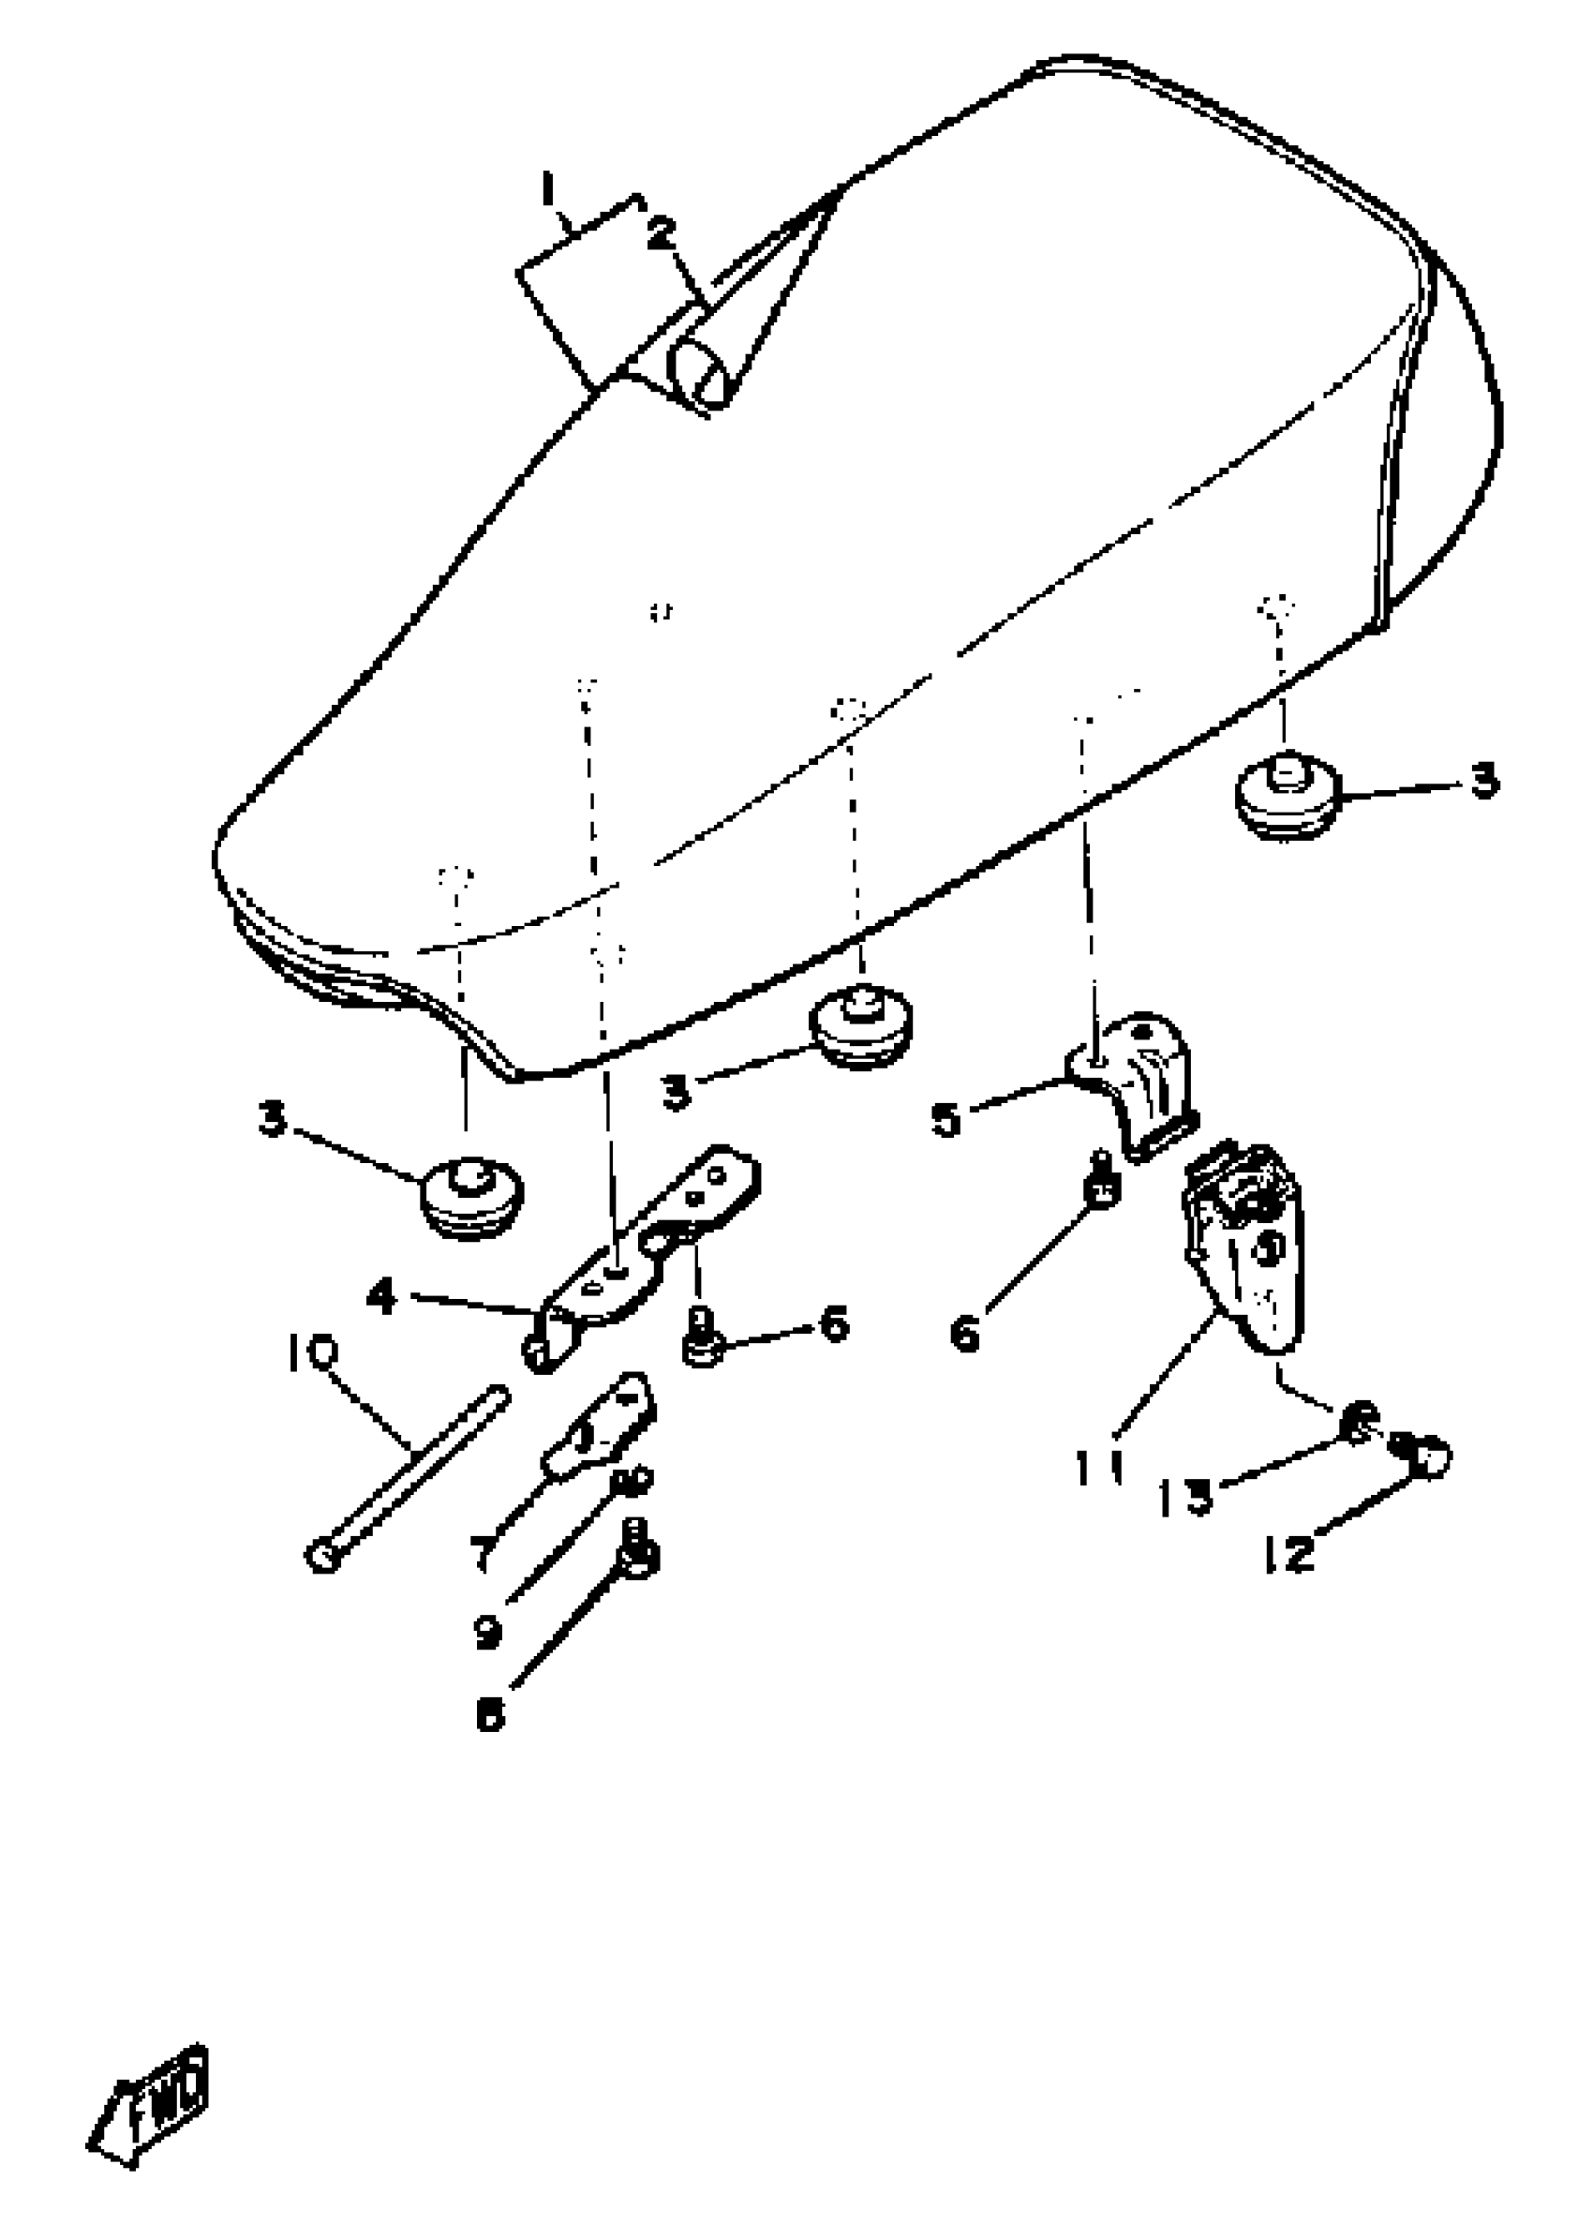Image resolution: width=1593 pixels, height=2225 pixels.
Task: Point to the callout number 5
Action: coord(945,1119)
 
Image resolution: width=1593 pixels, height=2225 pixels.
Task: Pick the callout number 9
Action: coord(487,1632)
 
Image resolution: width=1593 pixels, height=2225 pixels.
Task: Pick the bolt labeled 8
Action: coord(637,1555)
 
